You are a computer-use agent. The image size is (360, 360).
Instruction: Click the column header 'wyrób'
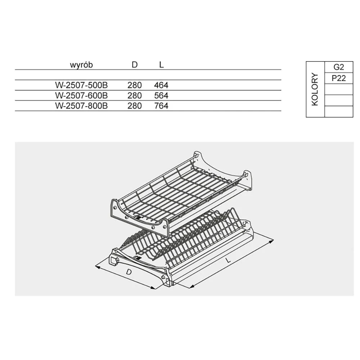pos(81,65)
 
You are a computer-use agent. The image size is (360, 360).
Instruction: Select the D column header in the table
pos(135,65)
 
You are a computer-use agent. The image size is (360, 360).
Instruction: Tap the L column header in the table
pos(161,65)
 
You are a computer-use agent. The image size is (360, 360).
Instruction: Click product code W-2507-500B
pos(81,85)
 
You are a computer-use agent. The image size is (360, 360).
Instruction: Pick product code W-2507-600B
pos(81,95)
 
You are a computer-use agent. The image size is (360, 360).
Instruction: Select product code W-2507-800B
pos(81,106)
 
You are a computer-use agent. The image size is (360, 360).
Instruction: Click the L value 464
pos(161,85)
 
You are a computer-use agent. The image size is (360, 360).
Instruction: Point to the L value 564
pos(161,95)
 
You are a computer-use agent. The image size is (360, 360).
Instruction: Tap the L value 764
pos(161,106)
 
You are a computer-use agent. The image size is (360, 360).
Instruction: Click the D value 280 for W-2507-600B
pos(135,95)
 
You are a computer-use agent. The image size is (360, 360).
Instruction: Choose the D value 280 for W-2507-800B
pos(135,106)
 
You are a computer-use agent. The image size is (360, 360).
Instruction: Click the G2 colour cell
pos(339,67)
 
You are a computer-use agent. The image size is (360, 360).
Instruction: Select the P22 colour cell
pos(339,78)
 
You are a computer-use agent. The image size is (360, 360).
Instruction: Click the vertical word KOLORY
pos(315,89)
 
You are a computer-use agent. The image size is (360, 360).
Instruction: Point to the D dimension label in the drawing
pos(129,272)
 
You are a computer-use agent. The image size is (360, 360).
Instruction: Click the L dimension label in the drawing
pos(228,260)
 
